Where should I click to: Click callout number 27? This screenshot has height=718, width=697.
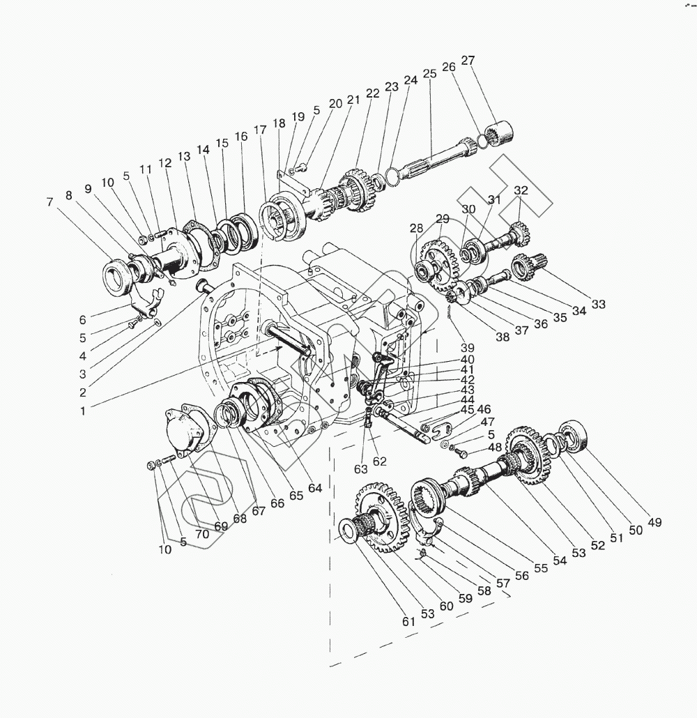[468, 60]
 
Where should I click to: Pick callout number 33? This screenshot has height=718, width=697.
[599, 304]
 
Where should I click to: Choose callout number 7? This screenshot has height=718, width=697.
[49, 202]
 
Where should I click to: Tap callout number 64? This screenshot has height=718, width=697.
[315, 488]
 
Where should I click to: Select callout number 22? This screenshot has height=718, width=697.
[373, 93]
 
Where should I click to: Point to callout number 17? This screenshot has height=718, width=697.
[260, 130]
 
